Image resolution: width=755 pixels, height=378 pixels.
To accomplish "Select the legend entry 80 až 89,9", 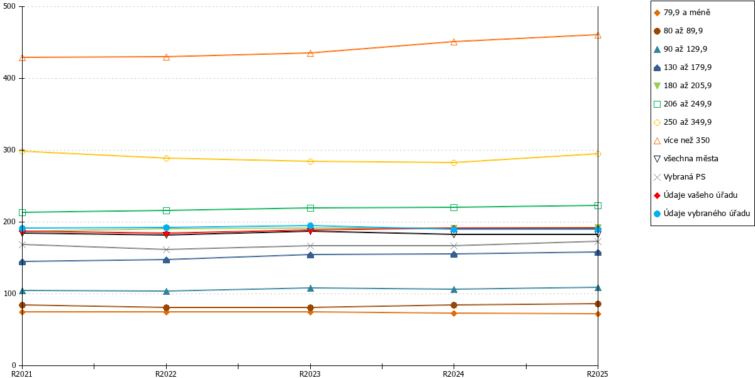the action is pyautogui.click(x=678, y=31).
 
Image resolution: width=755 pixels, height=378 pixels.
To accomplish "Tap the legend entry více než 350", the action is pyautogui.click(x=682, y=140).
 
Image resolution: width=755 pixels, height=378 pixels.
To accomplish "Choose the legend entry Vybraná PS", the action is pyautogui.click(x=679, y=177).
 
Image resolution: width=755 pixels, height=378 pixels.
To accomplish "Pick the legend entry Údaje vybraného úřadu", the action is pyautogui.click(x=702, y=214).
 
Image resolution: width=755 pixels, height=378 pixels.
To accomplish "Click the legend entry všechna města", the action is pyautogui.click(x=686, y=159).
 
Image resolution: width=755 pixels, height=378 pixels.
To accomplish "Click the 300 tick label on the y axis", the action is pyautogui.click(x=9, y=150).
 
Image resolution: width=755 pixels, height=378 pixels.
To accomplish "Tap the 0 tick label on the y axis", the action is pyautogui.click(x=14, y=365).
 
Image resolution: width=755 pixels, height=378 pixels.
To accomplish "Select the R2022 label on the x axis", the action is pyautogui.click(x=166, y=374).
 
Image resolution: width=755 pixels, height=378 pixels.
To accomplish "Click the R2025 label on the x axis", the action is pyautogui.click(x=598, y=374).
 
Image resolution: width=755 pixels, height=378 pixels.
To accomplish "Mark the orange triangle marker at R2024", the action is pyautogui.click(x=454, y=42).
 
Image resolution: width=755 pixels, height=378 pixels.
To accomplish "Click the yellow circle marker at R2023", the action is pyautogui.click(x=310, y=162).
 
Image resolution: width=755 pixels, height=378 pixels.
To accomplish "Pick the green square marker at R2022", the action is pyautogui.click(x=166, y=210).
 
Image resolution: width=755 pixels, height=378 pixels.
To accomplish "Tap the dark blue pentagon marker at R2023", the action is pyautogui.click(x=310, y=255).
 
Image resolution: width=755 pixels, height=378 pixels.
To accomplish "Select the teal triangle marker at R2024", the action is pyautogui.click(x=454, y=290).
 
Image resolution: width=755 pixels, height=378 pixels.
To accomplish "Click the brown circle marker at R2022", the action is pyautogui.click(x=166, y=307).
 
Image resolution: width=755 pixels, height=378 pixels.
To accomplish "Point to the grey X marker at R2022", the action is pyautogui.click(x=166, y=249).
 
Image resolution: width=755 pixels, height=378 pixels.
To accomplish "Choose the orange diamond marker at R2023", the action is pyautogui.click(x=310, y=312).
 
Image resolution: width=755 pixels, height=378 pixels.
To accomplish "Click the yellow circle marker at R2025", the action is pyautogui.click(x=598, y=154).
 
